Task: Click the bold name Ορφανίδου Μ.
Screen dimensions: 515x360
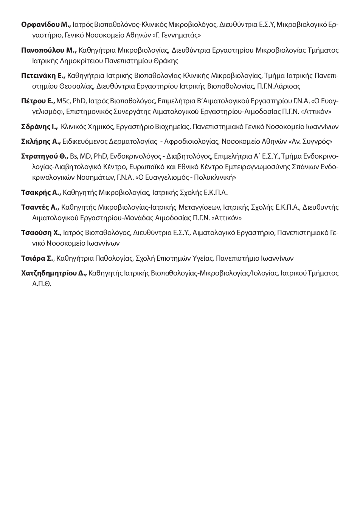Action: click(46, 25)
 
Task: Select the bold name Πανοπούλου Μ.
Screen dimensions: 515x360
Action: click(49, 50)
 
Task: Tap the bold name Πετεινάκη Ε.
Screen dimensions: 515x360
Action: click(43, 76)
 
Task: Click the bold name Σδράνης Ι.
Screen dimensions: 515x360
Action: click(39, 127)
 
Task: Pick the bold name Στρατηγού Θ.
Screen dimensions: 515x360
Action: click(45, 156)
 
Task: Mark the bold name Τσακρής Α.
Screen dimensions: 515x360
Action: click(41, 193)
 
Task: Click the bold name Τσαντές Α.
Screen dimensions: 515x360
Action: click(40, 207)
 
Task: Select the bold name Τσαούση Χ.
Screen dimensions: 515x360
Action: click(40, 233)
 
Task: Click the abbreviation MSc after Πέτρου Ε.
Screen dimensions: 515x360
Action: click(63, 101)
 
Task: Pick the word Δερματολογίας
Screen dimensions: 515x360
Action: click(133, 142)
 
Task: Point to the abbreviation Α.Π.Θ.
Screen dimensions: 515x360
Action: click(42, 284)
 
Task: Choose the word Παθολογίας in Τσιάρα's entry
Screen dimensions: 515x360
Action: click(114, 258)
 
